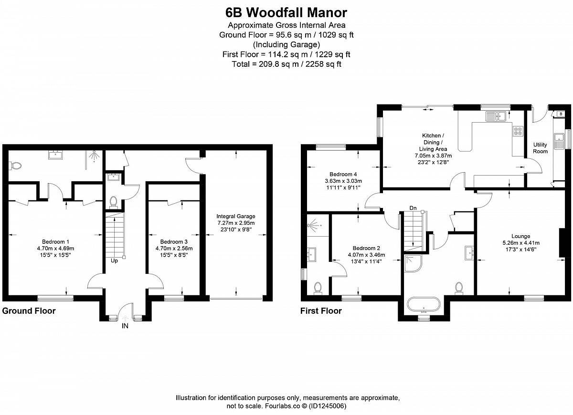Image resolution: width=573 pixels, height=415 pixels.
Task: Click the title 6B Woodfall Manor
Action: point(286,12)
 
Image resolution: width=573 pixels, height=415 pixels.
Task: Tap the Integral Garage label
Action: point(236,216)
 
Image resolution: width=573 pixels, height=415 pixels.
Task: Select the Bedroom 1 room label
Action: point(55,242)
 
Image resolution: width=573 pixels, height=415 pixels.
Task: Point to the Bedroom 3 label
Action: point(174,242)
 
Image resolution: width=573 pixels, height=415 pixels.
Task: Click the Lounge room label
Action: point(521,236)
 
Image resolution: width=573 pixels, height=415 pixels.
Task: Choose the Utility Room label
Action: point(540,148)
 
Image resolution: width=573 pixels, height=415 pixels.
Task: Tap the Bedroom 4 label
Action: point(343,174)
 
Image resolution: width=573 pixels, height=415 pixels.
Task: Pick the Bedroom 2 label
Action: point(366,248)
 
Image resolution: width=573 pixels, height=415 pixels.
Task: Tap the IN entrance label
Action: point(125,326)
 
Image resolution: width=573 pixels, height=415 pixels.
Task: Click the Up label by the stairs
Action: point(114,261)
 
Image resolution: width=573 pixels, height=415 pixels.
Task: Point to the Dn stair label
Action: point(413,208)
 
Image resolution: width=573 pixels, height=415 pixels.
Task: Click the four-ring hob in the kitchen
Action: point(518,131)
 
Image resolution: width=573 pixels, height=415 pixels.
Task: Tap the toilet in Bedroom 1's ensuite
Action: point(15,166)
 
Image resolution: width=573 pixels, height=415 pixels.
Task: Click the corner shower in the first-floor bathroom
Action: point(413,264)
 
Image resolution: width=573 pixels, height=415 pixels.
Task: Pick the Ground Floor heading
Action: point(29,311)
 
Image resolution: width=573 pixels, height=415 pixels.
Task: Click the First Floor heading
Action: point(321,311)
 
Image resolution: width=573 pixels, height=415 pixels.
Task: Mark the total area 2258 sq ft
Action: point(323,64)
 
